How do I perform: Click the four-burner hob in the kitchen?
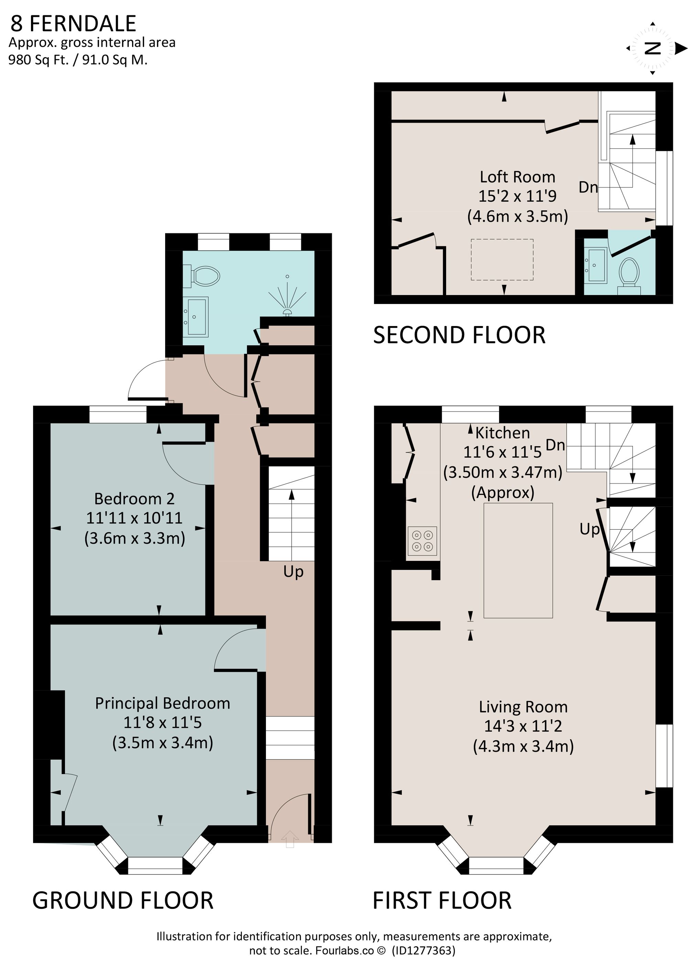coord(422,541)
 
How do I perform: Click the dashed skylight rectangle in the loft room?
coord(502,259)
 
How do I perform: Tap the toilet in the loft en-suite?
coord(629,273)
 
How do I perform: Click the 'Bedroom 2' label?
coord(134,499)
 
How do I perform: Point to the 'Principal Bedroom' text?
coord(162,703)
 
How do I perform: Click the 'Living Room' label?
coord(523,707)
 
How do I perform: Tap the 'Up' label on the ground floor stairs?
coord(293,572)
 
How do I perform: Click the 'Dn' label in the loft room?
coord(588,187)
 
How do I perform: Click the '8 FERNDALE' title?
coord(73,24)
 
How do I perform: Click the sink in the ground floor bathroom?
coord(196,316)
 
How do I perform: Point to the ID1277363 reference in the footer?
coord(423,950)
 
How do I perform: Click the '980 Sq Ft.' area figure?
coord(38,60)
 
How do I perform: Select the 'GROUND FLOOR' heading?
coord(123,900)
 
